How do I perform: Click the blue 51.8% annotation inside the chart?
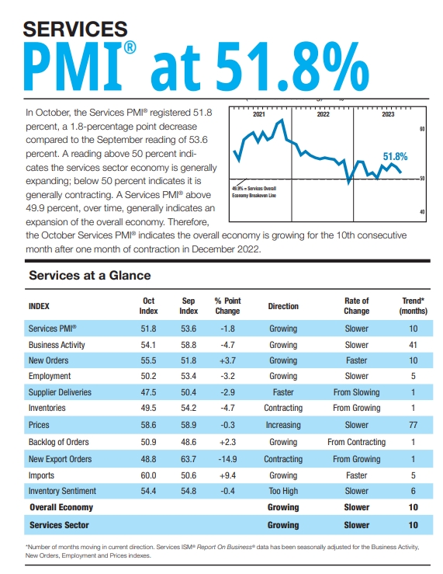pos(396,156)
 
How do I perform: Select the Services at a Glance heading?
pos(89,275)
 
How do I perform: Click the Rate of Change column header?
pos(356,305)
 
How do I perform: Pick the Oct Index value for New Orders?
pos(150,360)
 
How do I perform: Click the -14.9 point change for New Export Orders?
pos(227,459)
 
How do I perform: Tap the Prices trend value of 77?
pos(413,426)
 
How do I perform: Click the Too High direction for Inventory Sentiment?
pos(283,491)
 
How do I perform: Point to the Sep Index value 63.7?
pos(189,459)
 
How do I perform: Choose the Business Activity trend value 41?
pos(413,345)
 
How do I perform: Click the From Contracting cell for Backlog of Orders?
pos(356,442)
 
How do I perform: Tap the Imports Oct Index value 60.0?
pos(150,475)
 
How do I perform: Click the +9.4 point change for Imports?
pos(227,475)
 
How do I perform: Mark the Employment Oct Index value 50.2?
pos(150,377)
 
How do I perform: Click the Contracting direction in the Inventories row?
pos(283,408)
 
